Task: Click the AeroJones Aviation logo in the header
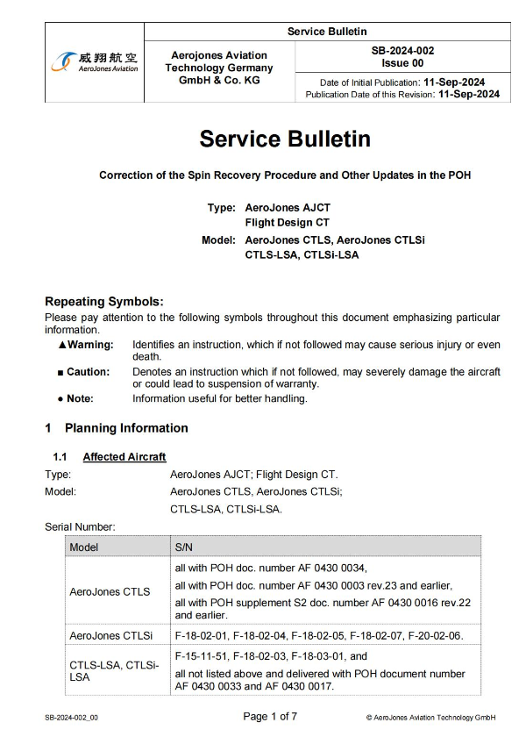95,62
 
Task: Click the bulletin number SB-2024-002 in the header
402,52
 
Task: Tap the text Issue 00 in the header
402,64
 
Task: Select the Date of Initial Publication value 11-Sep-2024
461,82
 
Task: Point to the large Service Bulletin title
285,139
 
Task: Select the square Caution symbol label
88,372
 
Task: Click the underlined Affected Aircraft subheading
124,457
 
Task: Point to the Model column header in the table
84,546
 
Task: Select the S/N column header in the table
185,546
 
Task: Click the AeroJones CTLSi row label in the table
111,635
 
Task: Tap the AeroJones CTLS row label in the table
110,591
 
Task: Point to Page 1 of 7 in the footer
270,717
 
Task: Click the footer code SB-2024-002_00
72,718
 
